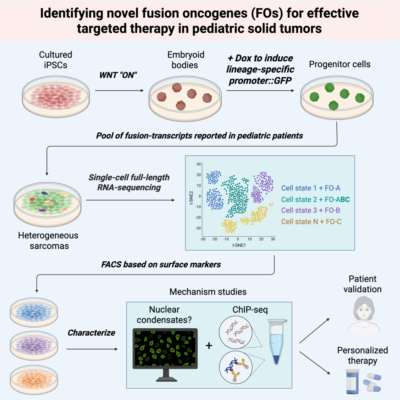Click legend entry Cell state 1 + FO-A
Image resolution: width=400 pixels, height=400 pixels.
[x=311, y=187]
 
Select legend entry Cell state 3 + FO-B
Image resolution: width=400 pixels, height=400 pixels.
[x=311, y=210]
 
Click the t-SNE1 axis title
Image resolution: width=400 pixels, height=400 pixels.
[x=238, y=245]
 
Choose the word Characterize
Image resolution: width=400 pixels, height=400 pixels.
[x=91, y=333]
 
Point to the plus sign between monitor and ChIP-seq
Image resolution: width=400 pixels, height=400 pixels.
[x=209, y=346]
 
